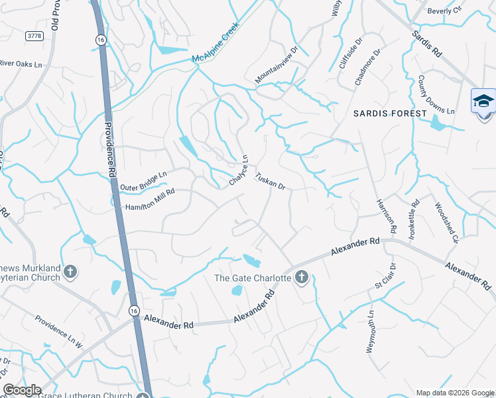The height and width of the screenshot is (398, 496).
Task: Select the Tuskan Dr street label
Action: (x=271, y=181)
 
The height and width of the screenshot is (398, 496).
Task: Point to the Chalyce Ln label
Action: (x=239, y=170)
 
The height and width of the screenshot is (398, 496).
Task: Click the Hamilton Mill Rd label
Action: (x=150, y=200)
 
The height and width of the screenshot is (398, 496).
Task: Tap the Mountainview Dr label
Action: (x=278, y=64)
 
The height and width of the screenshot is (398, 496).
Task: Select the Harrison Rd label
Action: (x=386, y=216)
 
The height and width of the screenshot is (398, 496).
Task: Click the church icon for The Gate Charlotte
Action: (x=302, y=277)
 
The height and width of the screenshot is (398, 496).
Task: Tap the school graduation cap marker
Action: (x=483, y=101)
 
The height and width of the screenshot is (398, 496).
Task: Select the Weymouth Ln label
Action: (x=371, y=332)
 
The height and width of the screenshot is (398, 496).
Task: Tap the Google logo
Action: (x=22, y=390)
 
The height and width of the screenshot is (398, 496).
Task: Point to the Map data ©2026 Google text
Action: (x=454, y=392)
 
